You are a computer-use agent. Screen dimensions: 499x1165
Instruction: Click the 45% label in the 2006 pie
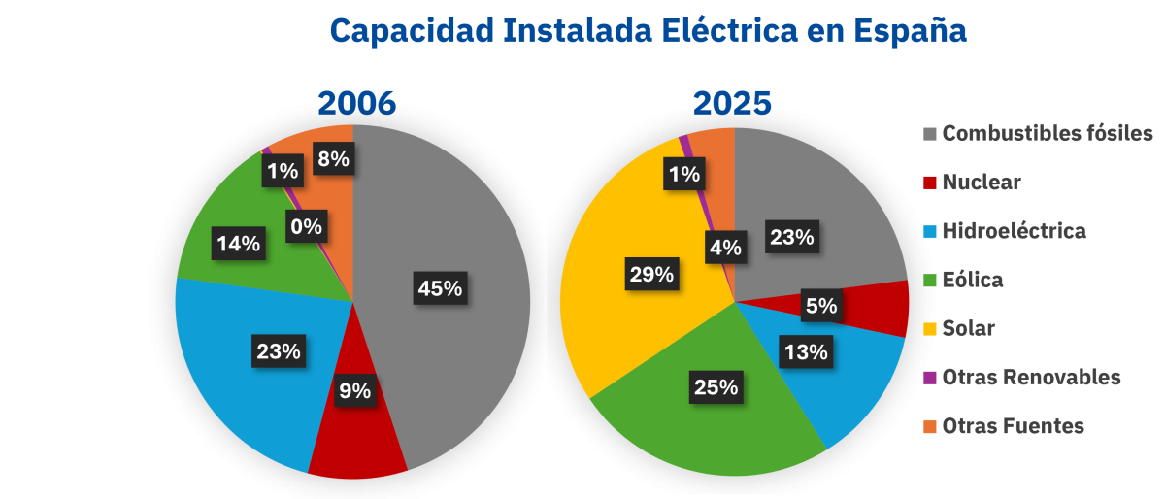click(x=440, y=288)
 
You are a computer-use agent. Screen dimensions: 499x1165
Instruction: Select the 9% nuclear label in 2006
click(x=354, y=391)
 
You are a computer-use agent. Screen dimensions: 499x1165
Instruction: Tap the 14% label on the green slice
click(x=238, y=244)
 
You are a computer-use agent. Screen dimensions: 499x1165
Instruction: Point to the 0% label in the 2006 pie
click(x=307, y=228)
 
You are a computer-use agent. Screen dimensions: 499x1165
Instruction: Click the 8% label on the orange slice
click(x=333, y=158)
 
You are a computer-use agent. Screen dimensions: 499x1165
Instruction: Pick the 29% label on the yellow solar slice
click(x=650, y=275)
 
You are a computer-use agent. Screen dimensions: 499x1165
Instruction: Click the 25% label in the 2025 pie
click(x=716, y=387)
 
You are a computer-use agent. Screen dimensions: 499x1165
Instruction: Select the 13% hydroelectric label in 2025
click(x=805, y=351)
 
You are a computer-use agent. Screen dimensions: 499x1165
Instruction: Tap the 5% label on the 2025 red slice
click(x=820, y=306)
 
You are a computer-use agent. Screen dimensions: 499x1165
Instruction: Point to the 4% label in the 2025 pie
click(x=727, y=248)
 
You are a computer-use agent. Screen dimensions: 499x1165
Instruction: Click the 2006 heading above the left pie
click(x=356, y=104)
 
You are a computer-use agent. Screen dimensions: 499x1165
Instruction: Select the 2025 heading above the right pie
click(x=731, y=104)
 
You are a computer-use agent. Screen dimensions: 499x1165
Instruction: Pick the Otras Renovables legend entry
click(x=1031, y=377)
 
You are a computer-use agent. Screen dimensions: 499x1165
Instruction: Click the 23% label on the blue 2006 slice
click(x=278, y=350)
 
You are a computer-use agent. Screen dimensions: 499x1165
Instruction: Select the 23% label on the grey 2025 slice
click(x=791, y=236)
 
